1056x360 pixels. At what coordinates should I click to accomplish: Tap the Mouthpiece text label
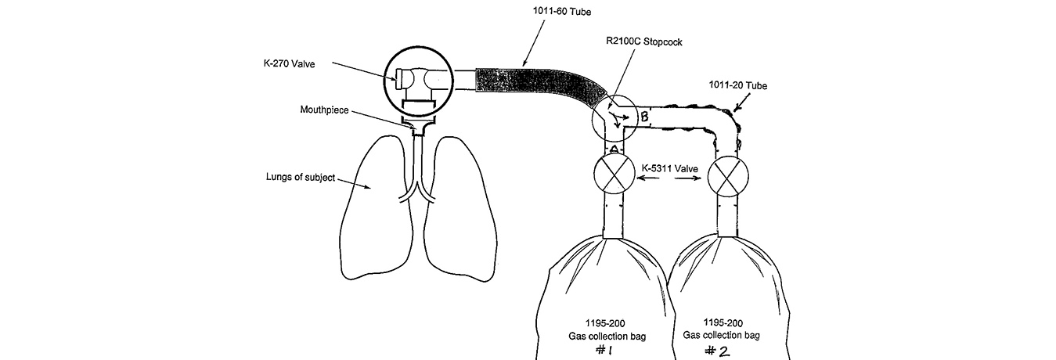323,110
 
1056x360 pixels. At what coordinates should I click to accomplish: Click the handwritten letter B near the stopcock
644,118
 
